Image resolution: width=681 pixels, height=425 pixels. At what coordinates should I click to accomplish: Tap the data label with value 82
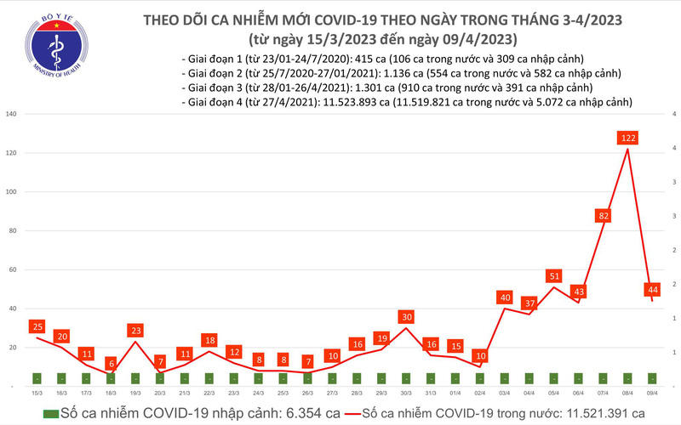604,216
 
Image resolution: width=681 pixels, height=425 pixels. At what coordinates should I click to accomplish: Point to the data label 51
554,275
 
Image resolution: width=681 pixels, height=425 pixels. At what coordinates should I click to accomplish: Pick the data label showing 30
406,317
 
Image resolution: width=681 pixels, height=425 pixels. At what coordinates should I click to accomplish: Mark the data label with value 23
135,330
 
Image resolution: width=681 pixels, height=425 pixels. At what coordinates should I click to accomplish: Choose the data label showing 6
111,363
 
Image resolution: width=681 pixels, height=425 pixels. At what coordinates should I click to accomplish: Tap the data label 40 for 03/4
505,297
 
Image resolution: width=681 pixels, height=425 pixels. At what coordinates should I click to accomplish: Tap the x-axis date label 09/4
652,394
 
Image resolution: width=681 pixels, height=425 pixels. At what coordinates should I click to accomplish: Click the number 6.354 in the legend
299,413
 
